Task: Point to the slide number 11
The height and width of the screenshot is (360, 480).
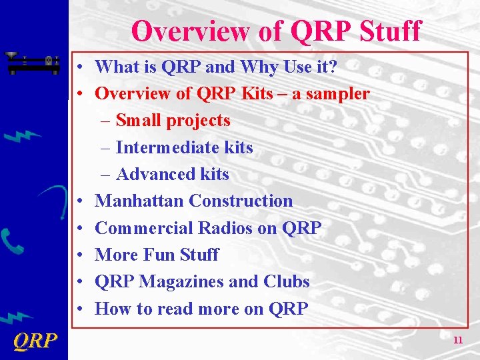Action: pyautogui.click(x=457, y=340)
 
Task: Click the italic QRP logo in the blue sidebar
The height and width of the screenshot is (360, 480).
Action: pyautogui.click(x=35, y=341)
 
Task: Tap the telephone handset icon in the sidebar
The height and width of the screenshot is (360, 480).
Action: pyautogui.click(x=13, y=240)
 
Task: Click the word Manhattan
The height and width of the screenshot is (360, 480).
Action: pyautogui.click(x=139, y=201)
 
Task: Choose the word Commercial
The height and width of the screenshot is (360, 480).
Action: pyautogui.click(x=144, y=228)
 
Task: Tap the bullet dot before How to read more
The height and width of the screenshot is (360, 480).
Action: pyautogui.click(x=79, y=309)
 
